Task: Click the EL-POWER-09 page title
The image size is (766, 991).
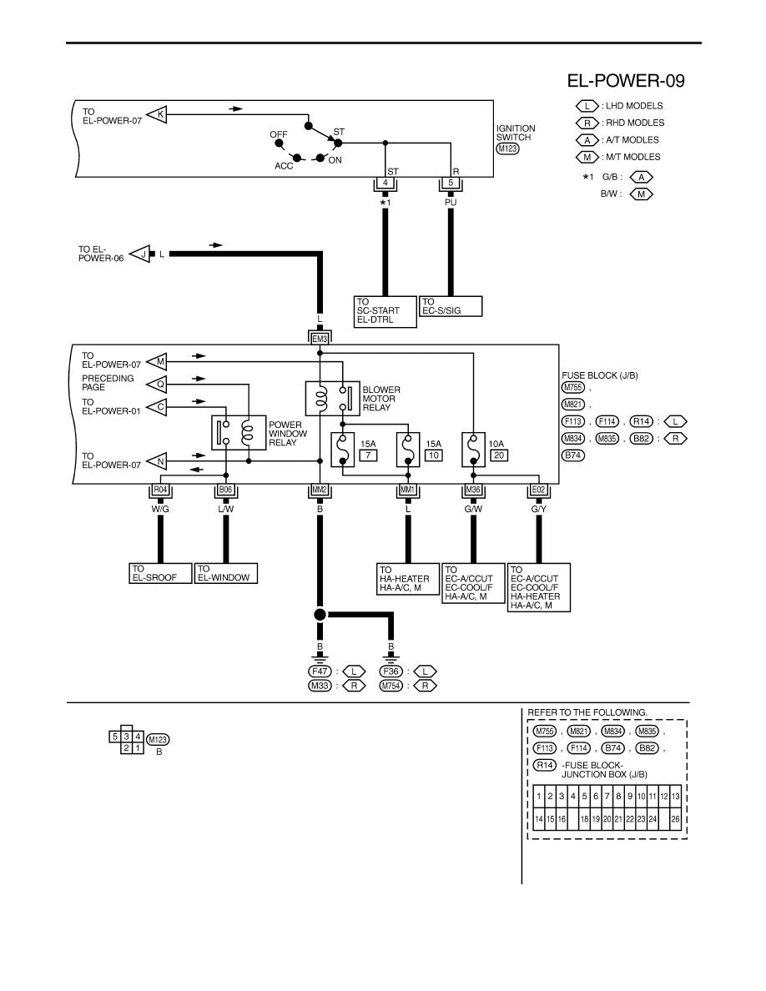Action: coord(626,81)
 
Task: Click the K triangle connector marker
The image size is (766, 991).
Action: coord(157,115)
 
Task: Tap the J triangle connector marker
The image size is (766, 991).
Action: coord(141,254)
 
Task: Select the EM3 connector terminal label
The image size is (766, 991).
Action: coord(320,339)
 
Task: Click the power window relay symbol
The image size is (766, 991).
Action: coord(239,432)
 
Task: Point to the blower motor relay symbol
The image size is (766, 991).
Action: coord(332,398)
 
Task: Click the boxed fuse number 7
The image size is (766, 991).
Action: coord(369,455)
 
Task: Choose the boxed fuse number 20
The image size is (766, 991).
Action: coord(499,455)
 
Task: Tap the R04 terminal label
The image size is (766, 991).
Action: coord(160,490)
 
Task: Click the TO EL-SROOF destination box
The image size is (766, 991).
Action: coord(160,573)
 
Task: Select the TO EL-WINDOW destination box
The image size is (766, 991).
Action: coord(226,573)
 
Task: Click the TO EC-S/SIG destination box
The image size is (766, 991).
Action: coord(451,306)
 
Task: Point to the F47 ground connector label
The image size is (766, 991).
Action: coord(320,672)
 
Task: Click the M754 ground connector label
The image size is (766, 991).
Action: coord(391,686)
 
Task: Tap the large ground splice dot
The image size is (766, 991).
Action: coord(320,614)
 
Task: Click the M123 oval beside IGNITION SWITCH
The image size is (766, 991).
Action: coord(507,148)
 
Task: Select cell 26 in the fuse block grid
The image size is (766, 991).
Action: coord(676,819)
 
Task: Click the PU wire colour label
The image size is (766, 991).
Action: coord(451,202)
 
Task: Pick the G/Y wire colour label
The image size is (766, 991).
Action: coord(538,509)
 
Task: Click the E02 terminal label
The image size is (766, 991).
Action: coord(538,490)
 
